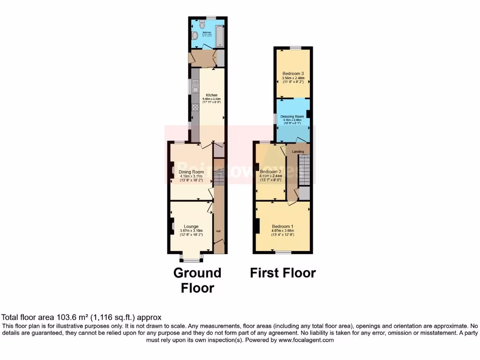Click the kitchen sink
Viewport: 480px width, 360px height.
[195, 86]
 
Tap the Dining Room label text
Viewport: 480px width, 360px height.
[191, 172]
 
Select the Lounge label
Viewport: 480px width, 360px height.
[191, 226]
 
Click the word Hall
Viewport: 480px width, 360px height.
[218, 231]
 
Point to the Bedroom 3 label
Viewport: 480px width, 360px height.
[293, 74]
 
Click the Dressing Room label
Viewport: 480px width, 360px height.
[292, 116]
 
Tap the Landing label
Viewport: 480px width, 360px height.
[298, 151]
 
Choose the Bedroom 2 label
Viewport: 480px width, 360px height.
[270, 172]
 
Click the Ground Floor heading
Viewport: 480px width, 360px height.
[197, 280]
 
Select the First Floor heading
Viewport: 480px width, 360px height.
[283, 273]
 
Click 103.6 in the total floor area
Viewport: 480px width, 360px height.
[60, 318]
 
